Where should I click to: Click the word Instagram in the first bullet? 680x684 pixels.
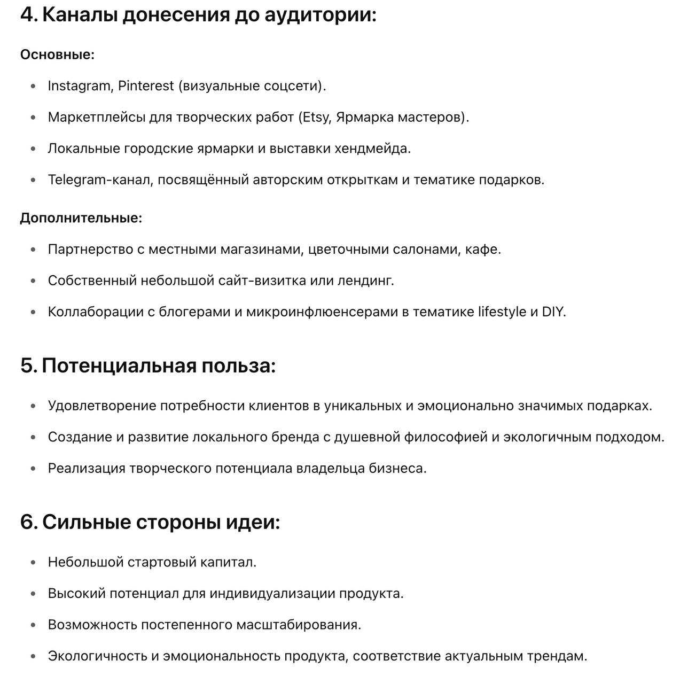(x=79, y=86)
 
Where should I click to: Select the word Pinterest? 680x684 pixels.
(x=146, y=86)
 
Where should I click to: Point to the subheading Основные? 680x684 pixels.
(x=57, y=55)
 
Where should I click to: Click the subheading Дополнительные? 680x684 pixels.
(x=81, y=218)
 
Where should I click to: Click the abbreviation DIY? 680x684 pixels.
(x=553, y=312)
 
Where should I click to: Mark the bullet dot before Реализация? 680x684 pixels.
(x=34, y=469)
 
